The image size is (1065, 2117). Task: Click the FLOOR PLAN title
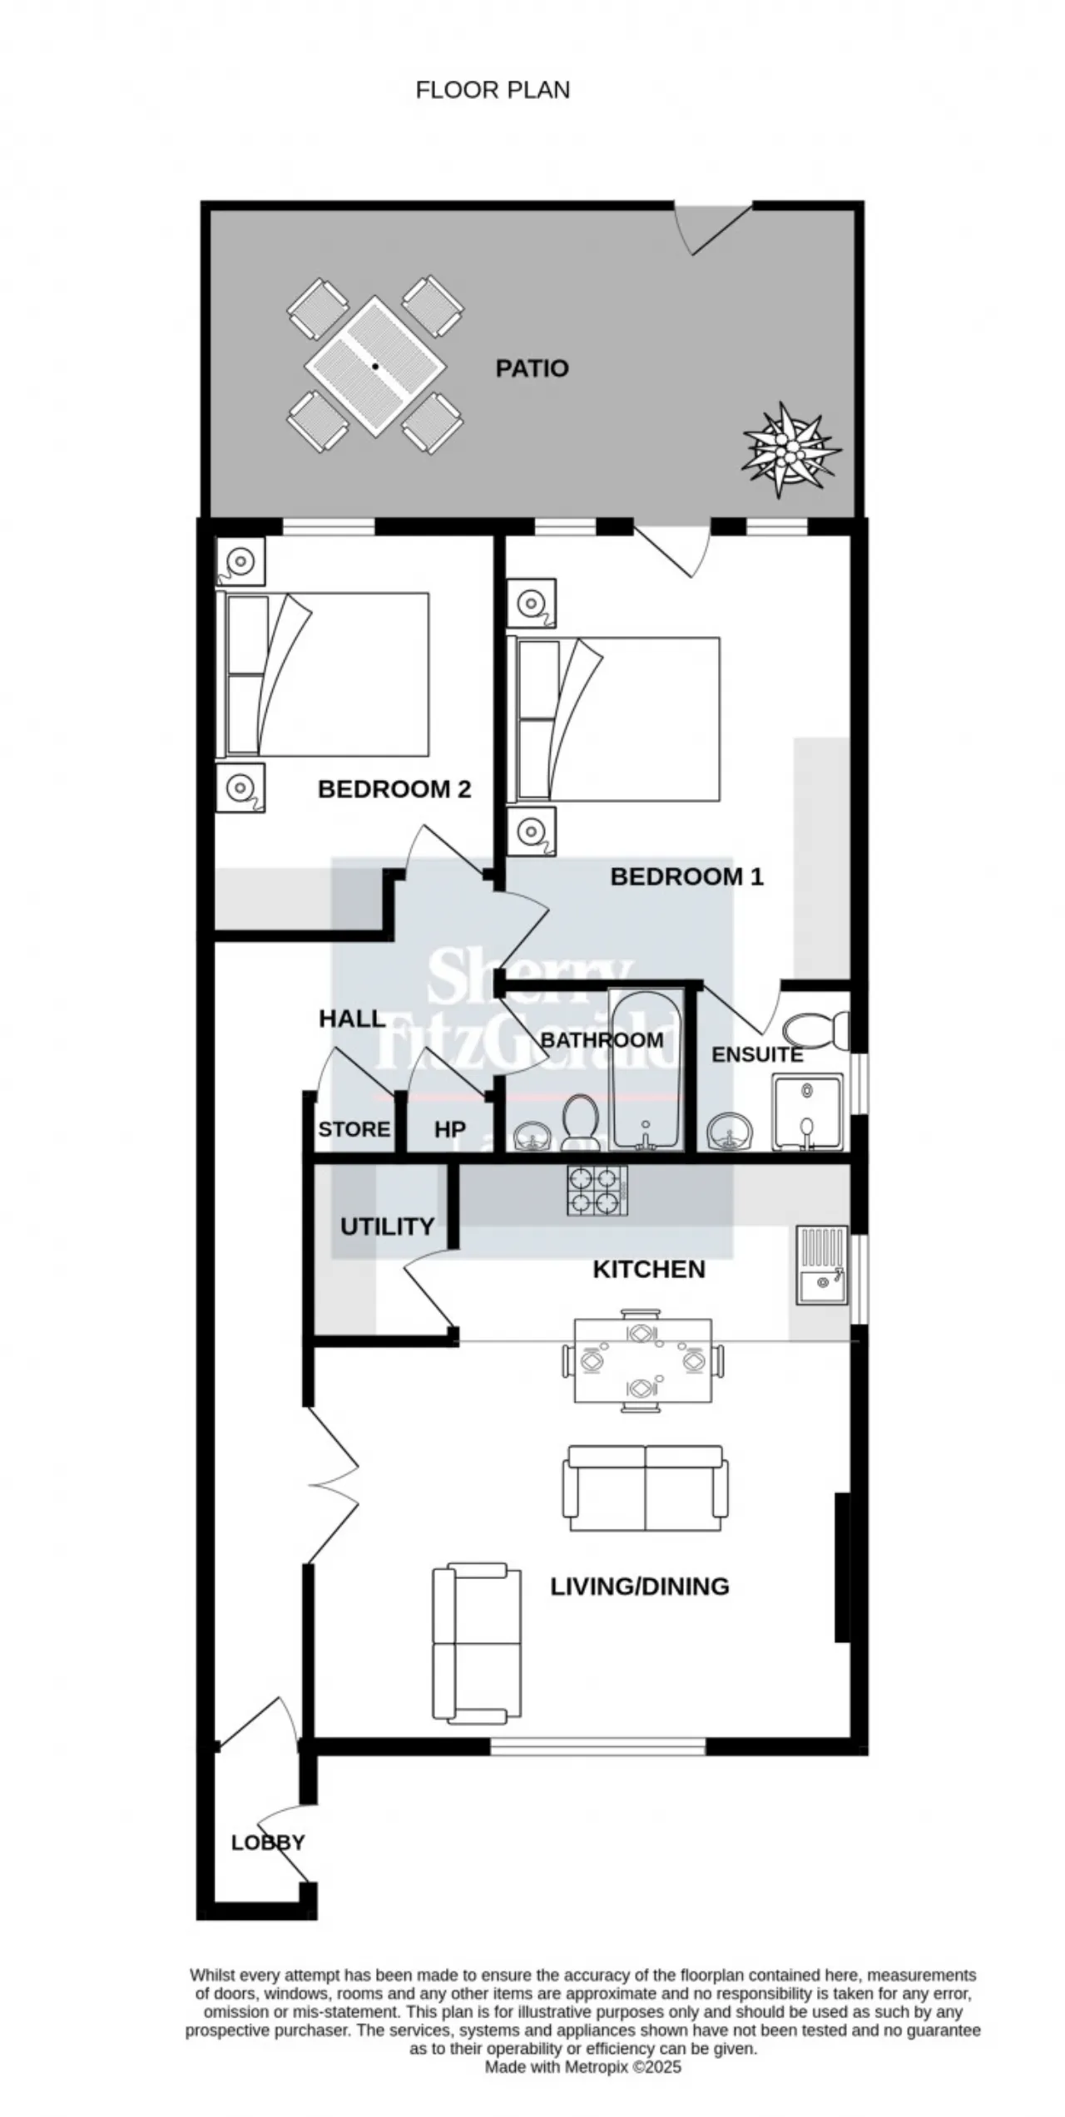(x=493, y=90)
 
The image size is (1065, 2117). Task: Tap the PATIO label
(x=532, y=368)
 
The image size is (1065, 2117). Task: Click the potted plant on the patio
(x=790, y=450)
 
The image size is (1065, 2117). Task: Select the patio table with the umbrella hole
(x=375, y=366)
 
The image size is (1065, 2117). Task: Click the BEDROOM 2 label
(x=394, y=789)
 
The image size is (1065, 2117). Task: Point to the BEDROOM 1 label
(x=686, y=876)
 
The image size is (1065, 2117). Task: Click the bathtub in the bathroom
(x=646, y=1069)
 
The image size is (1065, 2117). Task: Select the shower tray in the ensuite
(x=808, y=1113)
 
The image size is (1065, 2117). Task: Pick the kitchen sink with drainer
(x=822, y=1264)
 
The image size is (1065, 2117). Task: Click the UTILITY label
(x=387, y=1226)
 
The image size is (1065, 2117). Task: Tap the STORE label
(x=354, y=1129)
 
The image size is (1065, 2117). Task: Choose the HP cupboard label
(x=449, y=1129)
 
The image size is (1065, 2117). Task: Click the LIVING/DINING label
(x=640, y=1587)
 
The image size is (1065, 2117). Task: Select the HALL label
(x=352, y=1019)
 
